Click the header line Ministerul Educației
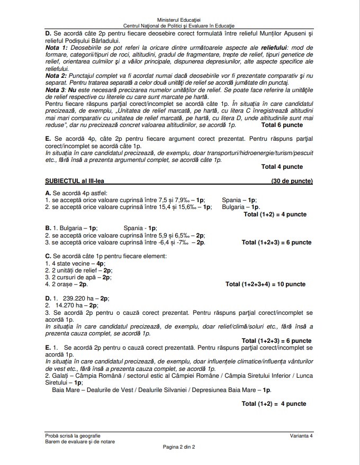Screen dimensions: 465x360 (x=179, y=20)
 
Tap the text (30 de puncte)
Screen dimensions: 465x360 (x=291, y=181)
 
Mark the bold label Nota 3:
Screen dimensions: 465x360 (x=57, y=90)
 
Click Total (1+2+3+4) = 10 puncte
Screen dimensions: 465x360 (x=265, y=284)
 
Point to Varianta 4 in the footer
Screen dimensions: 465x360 (x=301, y=435)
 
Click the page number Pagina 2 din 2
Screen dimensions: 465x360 (x=179, y=447)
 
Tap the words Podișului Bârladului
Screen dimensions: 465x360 (x=91, y=40)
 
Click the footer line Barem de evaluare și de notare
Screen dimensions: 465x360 (x=80, y=442)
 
